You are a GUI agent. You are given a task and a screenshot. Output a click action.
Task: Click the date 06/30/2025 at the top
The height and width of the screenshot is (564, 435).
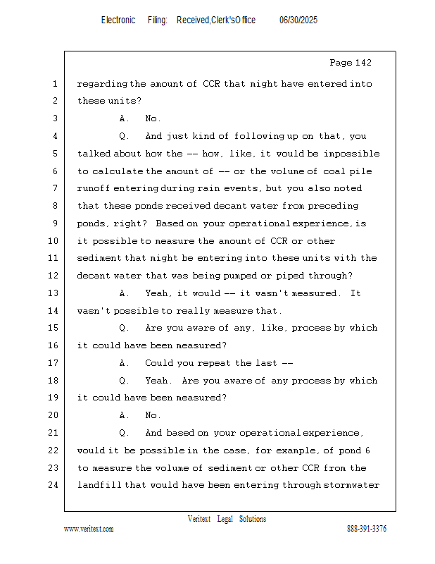click(x=298, y=20)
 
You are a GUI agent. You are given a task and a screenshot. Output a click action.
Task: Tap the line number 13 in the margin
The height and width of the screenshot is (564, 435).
click(x=55, y=293)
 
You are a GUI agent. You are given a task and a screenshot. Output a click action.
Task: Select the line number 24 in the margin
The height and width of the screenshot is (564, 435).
click(x=55, y=485)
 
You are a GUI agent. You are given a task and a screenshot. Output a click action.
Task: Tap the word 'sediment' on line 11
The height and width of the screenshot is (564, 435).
click(x=99, y=258)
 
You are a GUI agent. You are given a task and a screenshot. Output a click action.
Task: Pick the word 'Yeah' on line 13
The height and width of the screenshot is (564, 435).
click(x=157, y=293)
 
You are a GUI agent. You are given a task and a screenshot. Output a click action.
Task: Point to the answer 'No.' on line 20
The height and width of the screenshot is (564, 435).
click(x=153, y=415)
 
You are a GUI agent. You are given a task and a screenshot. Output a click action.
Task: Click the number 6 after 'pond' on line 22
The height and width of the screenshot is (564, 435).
click(x=377, y=450)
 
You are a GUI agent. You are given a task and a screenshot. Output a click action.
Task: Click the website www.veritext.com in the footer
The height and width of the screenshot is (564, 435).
click(x=89, y=529)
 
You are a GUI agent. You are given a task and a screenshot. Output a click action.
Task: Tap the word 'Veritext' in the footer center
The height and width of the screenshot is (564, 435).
click(x=199, y=519)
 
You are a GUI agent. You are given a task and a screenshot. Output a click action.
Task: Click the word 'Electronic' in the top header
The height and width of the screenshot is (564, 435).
click(x=118, y=20)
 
